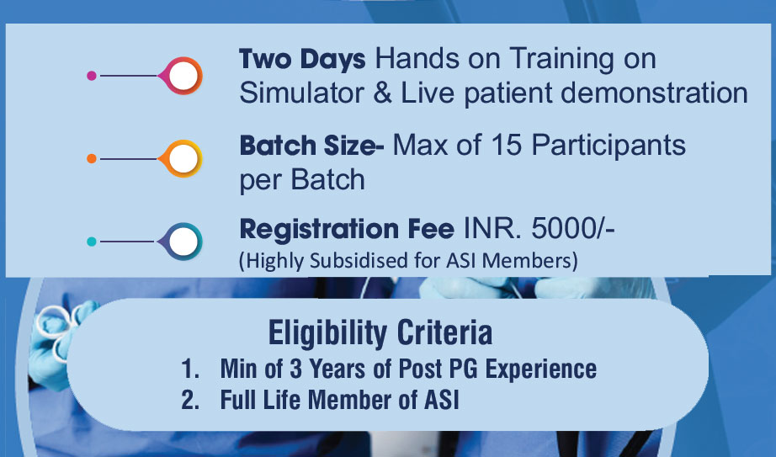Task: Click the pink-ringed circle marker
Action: point(182,76)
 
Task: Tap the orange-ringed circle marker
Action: point(182,159)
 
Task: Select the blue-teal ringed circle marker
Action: point(182,242)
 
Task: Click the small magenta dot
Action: point(92,76)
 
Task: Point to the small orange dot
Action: point(92,159)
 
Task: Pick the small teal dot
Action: point(92,242)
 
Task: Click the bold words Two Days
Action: point(302,60)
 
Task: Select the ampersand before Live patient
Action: point(383,93)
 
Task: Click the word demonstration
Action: point(655,93)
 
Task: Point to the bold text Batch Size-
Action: point(311,146)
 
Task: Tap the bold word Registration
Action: point(319,230)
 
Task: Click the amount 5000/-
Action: point(573,229)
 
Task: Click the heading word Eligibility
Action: point(327,333)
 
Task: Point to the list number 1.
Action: point(189,369)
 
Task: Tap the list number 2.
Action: point(190,400)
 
